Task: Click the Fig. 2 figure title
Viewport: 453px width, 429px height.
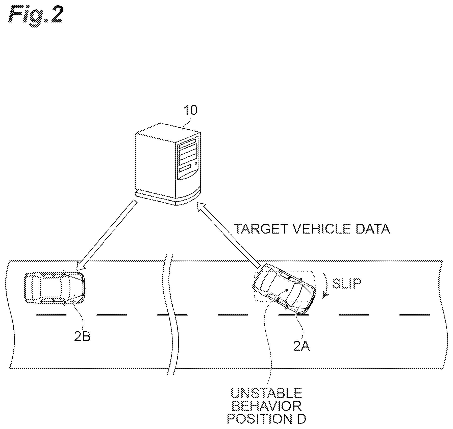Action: click(35, 16)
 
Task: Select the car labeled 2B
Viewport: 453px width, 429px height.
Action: click(55, 287)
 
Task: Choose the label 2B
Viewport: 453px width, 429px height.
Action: click(82, 337)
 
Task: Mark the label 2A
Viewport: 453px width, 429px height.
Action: click(301, 347)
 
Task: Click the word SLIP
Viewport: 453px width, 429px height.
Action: click(347, 283)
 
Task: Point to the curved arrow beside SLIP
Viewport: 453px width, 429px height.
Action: click(326, 286)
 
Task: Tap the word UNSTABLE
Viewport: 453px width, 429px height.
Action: click(267, 393)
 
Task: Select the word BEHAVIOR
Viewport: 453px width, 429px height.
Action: click(267, 406)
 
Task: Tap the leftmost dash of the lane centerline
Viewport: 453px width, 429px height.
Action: click(51, 314)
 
